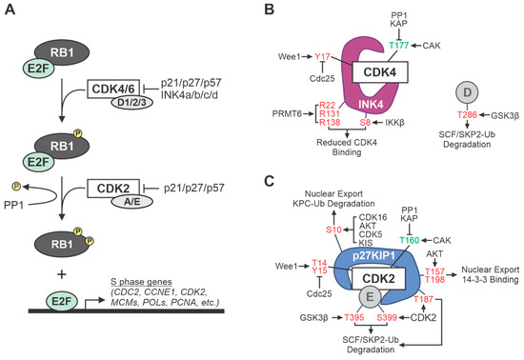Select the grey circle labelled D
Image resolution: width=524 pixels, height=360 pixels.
click(473, 91)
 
